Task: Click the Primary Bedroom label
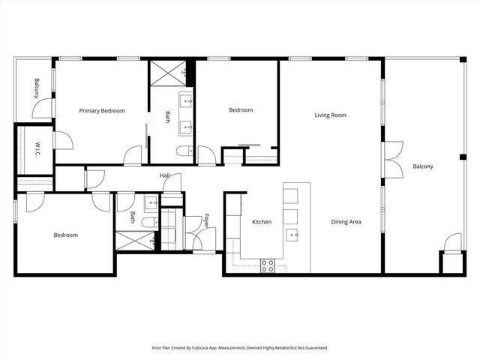coord(102,111)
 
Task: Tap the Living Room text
coord(330,115)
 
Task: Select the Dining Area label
coord(346,222)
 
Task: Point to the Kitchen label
coord(262,222)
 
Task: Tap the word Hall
coord(164,175)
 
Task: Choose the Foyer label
coord(206,223)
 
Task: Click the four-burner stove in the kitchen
coord(268,265)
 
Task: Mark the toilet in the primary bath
coord(183,152)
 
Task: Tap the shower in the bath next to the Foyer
coord(134,241)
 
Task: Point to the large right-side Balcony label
coord(423,166)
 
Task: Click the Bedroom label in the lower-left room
coord(65,235)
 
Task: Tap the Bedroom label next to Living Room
coord(241,111)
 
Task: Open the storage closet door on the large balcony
coord(451,244)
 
